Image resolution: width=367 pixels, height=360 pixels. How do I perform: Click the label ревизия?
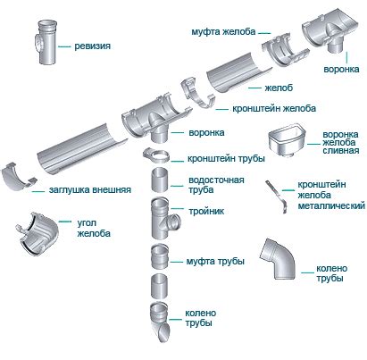[x=92, y=46]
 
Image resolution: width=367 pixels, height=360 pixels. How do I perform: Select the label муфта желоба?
[x=223, y=31]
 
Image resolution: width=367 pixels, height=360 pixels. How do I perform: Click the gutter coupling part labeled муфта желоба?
[x=285, y=49]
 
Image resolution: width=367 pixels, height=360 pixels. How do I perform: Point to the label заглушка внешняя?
[x=90, y=189]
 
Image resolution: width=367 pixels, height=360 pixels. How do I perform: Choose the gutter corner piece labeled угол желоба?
[x=37, y=233]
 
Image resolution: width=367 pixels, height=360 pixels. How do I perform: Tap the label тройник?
[x=206, y=211]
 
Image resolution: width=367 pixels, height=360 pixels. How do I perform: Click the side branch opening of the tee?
[x=173, y=222]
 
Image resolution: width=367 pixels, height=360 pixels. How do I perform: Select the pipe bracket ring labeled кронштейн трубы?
[x=157, y=155]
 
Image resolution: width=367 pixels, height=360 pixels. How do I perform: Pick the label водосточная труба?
[x=216, y=185]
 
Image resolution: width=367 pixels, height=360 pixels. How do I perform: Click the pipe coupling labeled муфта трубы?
[x=160, y=256]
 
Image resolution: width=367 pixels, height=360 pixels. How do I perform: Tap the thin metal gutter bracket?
[x=277, y=197]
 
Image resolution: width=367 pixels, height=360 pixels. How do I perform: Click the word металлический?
[x=331, y=205]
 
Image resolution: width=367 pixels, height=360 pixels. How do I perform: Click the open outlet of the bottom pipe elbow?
[x=163, y=332]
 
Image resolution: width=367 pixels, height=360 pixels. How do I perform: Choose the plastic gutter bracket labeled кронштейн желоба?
[x=197, y=93]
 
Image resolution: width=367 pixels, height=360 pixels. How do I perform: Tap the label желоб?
[x=279, y=88]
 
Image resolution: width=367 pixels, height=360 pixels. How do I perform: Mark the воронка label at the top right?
[x=341, y=69]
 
